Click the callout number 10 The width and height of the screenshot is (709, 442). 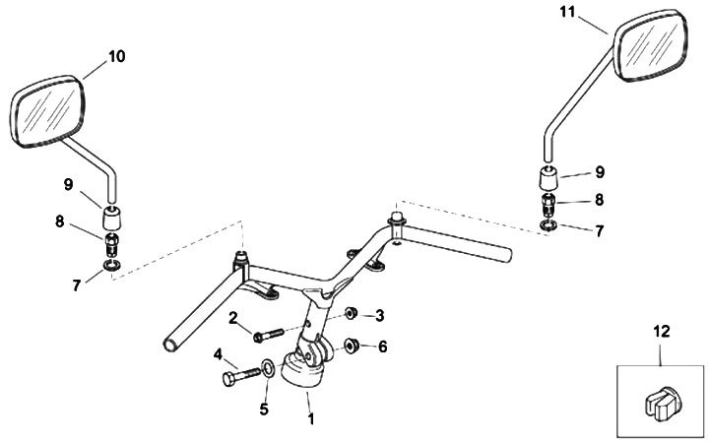(x=116, y=57)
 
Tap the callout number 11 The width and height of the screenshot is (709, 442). (x=567, y=12)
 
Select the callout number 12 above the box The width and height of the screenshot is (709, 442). (x=661, y=332)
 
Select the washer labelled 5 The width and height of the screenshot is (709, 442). (x=268, y=368)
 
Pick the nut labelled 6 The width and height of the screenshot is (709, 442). (x=352, y=347)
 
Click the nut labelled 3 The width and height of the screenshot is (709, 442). (x=352, y=313)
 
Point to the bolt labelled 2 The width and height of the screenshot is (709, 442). (x=269, y=335)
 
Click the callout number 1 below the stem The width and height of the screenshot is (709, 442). (x=310, y=419)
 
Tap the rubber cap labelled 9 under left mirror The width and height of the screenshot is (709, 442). (x=111, y=217)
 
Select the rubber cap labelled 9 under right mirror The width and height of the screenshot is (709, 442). (x=548, y=178)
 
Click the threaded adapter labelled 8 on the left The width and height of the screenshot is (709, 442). (x=111, y=244)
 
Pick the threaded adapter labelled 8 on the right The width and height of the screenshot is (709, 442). (x=548, y=205)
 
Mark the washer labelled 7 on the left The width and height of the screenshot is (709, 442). (x=111, y=266)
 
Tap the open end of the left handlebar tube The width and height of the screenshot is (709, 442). (x=171, y=345)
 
